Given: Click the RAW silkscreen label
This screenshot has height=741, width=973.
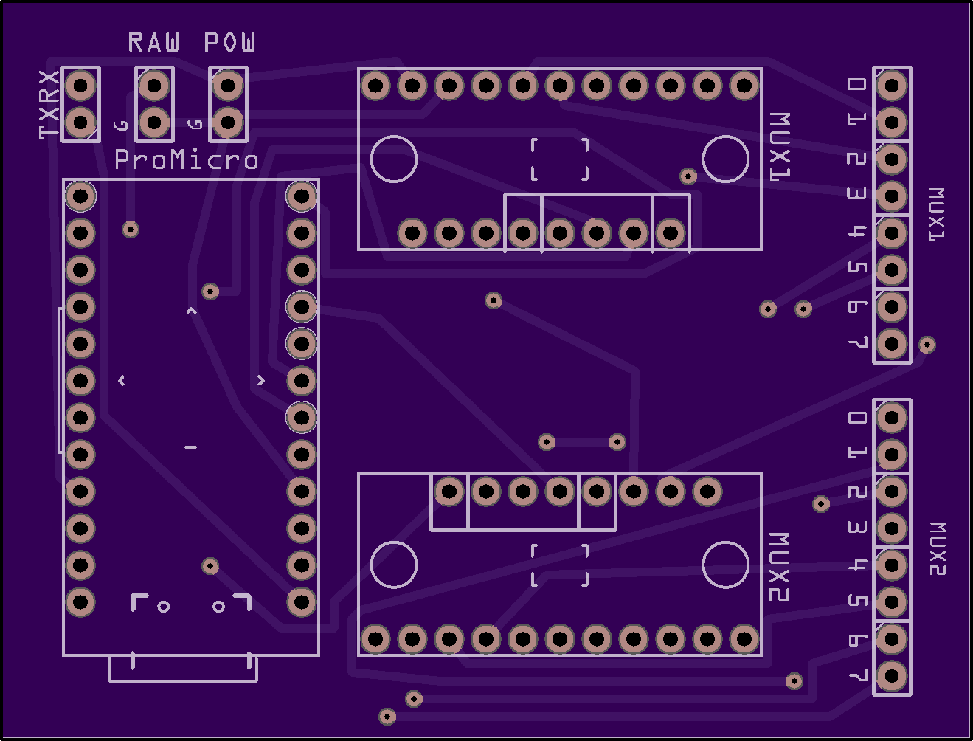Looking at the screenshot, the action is click(154, 42).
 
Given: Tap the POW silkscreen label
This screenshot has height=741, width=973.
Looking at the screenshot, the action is click(229, 42).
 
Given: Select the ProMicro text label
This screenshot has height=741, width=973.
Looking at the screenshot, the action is click(186, 159).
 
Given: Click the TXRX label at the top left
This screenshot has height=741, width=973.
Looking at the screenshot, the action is click(49, 104).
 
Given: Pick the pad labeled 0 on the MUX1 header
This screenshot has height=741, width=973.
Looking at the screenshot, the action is click(892, 85).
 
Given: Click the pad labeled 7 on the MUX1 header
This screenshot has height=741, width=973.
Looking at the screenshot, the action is click(892, 344).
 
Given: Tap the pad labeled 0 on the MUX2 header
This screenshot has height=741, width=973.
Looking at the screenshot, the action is click(892, 417).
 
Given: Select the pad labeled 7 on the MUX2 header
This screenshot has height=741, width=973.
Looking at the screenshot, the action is click(892, 676).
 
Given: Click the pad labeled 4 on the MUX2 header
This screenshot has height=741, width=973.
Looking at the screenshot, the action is click(892, 565).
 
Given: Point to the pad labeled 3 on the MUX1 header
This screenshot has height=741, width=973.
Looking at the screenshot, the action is click(892, 196).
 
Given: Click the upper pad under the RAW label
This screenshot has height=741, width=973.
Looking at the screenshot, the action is click(154, 85).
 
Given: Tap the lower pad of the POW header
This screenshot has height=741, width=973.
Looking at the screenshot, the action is click(228, 122).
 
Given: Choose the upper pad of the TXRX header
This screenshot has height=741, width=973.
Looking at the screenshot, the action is click(80, 85).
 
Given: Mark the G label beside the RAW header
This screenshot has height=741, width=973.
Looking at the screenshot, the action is click(120, 125).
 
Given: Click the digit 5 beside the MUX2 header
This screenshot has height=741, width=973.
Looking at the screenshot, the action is click(857, 601).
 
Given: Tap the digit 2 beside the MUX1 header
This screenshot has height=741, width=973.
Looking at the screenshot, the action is click(857, 159).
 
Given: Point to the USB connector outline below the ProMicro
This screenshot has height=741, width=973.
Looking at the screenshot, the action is click(183, 680).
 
